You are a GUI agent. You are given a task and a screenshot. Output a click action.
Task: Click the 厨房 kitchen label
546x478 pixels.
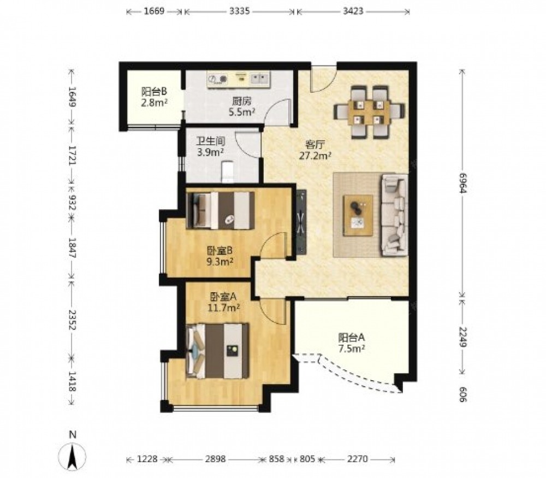(242, 102)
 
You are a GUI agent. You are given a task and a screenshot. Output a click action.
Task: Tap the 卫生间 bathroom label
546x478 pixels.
(210, 141)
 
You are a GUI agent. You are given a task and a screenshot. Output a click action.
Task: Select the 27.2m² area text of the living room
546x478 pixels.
(315, 155)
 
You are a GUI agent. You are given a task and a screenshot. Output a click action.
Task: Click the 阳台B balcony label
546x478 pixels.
(155, 92)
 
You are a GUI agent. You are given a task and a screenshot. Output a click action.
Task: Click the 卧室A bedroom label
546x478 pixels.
(223, 297)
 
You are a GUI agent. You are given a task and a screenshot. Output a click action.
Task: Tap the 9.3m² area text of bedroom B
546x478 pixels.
(219, 261)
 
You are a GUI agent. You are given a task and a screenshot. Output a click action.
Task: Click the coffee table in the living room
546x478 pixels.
(358, 216)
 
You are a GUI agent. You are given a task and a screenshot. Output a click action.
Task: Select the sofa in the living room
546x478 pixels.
(395, 215)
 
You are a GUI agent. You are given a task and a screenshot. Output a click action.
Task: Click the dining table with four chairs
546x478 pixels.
(369, 112)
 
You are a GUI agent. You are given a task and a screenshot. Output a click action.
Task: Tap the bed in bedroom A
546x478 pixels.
(218, 351)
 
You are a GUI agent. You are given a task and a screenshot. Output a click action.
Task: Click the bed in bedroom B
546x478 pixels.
(221, 210)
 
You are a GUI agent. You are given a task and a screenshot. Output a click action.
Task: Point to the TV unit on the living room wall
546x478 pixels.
(301, 222)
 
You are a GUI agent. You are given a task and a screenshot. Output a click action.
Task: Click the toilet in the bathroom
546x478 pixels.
(228, 171)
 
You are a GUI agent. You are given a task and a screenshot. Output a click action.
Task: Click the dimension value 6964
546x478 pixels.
(462, 182)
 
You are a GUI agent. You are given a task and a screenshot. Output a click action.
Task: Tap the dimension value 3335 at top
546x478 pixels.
(240, 11)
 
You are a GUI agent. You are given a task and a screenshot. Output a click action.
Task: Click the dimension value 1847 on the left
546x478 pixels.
(72, 247)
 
